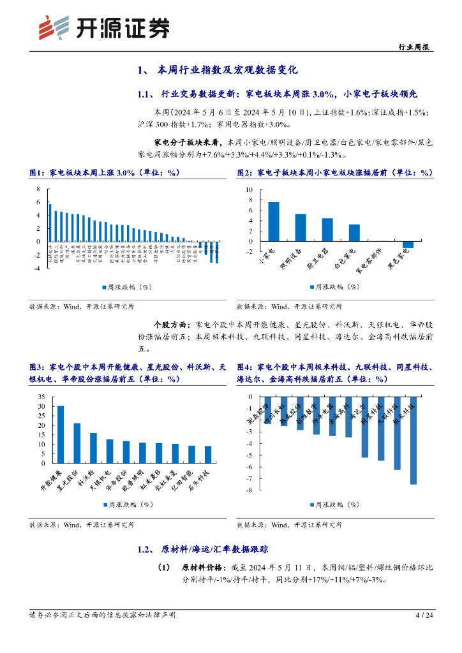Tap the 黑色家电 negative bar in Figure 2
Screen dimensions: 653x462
408,244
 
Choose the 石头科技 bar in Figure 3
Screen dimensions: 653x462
208,455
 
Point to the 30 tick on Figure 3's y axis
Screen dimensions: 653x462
41,406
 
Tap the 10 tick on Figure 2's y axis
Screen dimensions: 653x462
250,191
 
